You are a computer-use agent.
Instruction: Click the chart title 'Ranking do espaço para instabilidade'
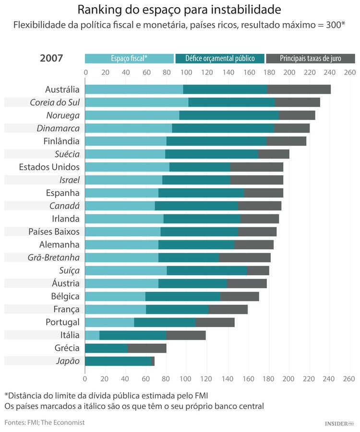180,10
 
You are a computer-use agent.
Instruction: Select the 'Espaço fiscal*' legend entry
129,59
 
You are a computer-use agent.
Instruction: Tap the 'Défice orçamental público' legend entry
220,59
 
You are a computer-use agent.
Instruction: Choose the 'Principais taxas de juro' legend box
310,59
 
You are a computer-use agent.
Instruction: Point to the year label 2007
51,59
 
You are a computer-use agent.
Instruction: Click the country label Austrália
62,89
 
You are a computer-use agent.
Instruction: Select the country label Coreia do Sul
54,102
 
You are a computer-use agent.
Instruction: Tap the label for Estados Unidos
49,167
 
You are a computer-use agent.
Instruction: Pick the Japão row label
68,361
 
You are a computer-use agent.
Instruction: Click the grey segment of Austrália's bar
299,89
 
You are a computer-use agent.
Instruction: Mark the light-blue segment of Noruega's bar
132,115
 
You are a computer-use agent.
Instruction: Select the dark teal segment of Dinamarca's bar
223,128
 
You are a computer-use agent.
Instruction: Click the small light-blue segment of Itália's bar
92,335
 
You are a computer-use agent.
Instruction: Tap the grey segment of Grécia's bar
147,348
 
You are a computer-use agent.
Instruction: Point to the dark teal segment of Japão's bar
118,361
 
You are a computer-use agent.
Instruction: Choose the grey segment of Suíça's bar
258,271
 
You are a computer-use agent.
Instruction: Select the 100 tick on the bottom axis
187,379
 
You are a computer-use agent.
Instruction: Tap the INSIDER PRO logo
339,423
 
